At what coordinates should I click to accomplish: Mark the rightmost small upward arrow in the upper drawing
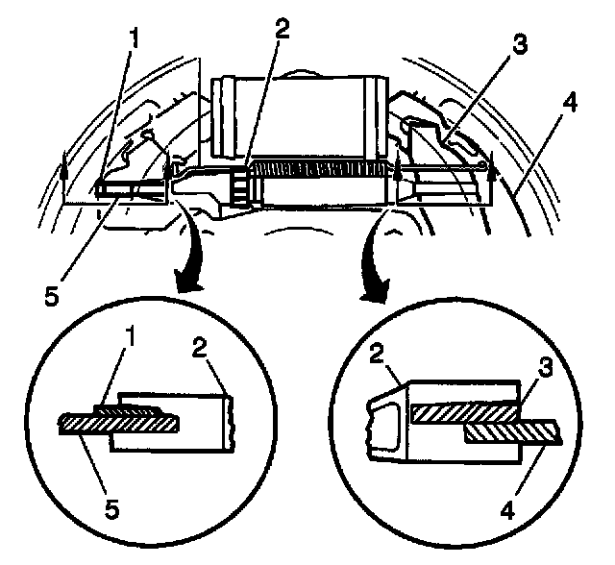coord(490,175)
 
